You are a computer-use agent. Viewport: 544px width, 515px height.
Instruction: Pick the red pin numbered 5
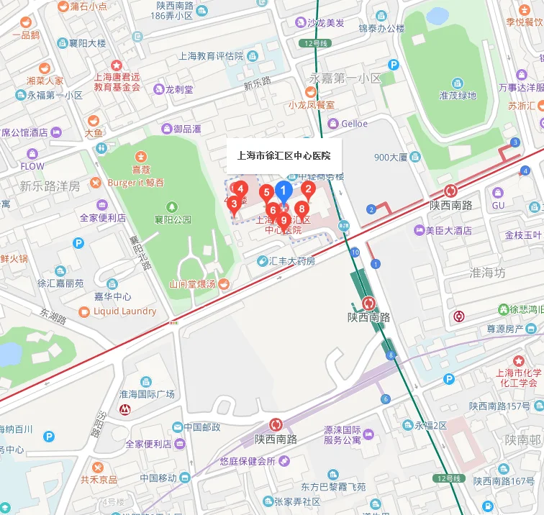tap(266, 193)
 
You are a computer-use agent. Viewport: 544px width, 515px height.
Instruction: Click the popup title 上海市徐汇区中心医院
tap(284, 155)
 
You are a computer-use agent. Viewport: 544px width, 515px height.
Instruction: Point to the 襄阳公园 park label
tap(173, 219)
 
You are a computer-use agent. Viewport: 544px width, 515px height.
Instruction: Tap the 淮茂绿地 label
tap(458, 95)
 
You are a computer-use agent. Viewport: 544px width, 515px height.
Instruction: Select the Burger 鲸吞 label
tap(136, 183)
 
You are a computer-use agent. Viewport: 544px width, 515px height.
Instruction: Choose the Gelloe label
tap(354, 124)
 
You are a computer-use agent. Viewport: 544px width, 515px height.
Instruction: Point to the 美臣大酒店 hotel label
tap(448, 230)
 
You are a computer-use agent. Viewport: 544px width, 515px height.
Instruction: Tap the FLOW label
tap(32, 166)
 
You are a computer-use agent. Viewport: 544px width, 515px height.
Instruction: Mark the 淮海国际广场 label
tap(148, 393)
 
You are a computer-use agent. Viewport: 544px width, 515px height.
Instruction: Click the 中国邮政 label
tap(201, 427)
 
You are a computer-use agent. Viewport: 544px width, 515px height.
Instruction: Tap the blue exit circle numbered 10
tap(355, 252)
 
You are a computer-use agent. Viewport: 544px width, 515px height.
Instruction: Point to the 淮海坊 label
tap(488, 273)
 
